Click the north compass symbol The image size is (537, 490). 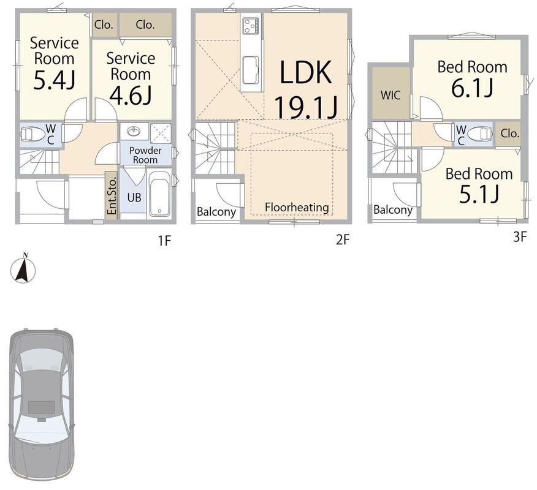coord(23,269)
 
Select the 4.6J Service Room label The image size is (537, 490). coord(131,78)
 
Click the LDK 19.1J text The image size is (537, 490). coord(306,89)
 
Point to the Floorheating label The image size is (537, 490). coord(297,207)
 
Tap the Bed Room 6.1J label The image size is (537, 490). coord(472,79)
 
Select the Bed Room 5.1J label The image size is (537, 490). coord(479,185)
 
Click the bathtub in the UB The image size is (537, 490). coord(159,194)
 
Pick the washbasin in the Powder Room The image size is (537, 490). coord(134,131)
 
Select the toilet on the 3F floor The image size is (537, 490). coord(479,134)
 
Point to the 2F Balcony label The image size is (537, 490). coord(216,212)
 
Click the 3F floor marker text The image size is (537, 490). coord(520,236)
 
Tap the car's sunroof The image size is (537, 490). coord(42,407)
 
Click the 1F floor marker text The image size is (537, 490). coord(164,241)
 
